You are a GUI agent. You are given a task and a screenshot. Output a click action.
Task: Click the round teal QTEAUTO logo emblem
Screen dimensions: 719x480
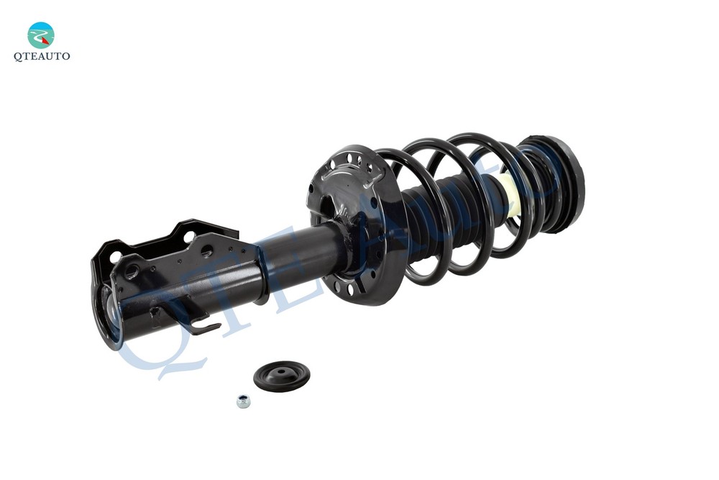[x=41, y=35]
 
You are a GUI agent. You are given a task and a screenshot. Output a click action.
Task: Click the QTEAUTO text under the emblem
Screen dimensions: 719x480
[x=42, y=56]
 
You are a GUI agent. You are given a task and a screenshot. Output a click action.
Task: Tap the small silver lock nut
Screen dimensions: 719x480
[x=243, y=401]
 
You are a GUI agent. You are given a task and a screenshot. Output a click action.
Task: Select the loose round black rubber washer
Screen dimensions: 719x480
[x=282, y=376]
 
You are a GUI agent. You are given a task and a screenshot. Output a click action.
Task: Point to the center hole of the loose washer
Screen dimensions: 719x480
[x=282, y=373]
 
